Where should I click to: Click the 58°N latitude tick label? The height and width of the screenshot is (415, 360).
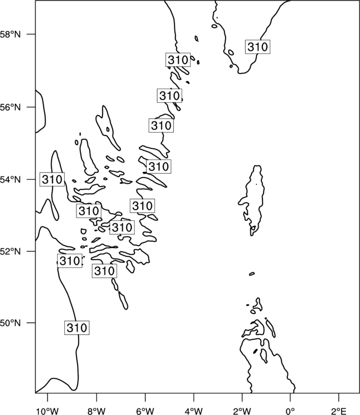(11, 34)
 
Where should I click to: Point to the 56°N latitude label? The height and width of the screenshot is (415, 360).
(11, 107)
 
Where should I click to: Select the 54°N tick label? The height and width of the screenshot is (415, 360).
(11, 179)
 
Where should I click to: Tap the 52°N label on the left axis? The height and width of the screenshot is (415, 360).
(11, 251)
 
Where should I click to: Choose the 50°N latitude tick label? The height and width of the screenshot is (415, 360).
(11, 323)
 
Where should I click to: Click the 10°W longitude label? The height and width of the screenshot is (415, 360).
(48, 411)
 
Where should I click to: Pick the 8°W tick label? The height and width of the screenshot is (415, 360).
(96, 411)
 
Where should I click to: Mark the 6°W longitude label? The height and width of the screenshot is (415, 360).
(145, 411)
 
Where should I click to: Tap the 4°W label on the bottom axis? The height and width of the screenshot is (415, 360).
(194, 411)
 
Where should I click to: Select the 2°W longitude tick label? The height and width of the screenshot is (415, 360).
(242, 411)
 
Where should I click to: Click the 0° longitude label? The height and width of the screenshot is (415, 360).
(291, 411)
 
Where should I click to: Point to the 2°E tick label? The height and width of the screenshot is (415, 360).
(339, 411)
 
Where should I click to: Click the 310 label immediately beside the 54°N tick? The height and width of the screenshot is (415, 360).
(52, 179)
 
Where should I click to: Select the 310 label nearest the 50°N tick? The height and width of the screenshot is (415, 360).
(77, 328)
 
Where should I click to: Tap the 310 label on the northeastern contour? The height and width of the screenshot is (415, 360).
(258, 47)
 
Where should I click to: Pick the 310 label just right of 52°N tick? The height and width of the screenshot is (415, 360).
(70, 261)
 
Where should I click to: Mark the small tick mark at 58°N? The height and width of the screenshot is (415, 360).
(30, 34)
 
